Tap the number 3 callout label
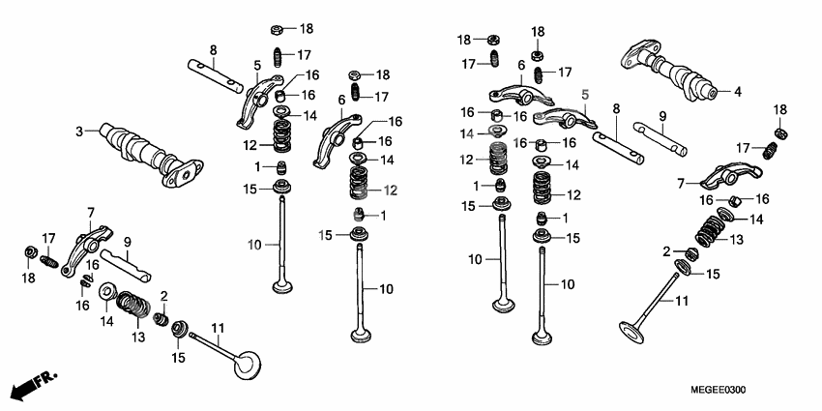pos(79,132)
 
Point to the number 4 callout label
pos(737,93)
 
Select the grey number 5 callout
pos(584,94)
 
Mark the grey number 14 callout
pos(467,132)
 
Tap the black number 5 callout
pos(257,66)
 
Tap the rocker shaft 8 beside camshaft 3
pos(217,74)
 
